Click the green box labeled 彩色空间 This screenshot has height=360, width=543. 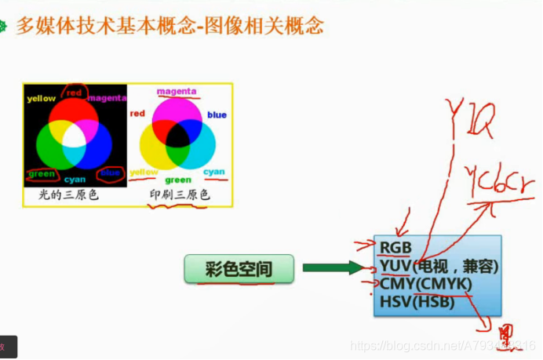(x=239, y=269)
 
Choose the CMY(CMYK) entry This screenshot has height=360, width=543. (x=424, y=283)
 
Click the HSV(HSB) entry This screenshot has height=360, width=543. (x=417, y=300)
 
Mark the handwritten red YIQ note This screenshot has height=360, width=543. (x=470, y=118)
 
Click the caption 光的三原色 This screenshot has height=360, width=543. (x=70, y=195)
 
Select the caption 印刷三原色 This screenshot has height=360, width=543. (x=180, y=195)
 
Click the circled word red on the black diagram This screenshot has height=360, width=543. (x=75, y=93)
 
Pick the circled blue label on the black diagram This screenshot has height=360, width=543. (x=111, y=173)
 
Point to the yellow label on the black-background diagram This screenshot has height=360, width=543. (x=41, y=100)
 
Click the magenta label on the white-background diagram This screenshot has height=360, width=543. (x=177, y=92)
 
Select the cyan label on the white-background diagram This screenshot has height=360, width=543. (x=213, y=172)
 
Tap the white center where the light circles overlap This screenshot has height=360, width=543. (x=74, y=138)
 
